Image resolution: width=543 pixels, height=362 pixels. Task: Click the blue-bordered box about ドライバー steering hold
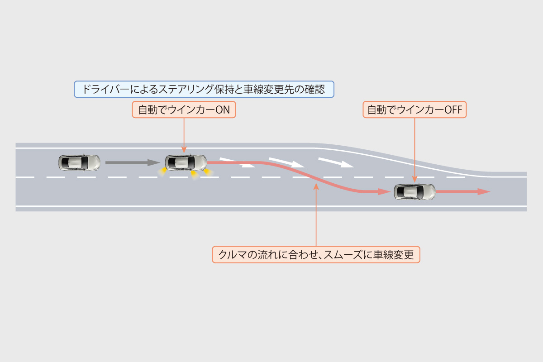(204, 89)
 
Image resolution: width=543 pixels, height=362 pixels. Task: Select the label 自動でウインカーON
(184, 110)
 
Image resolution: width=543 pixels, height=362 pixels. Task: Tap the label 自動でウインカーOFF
(414, 110)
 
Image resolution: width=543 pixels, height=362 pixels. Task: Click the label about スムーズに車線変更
(316, 254)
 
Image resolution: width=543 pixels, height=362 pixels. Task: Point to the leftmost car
(79, 162)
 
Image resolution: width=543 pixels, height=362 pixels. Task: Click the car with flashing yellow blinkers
(186, 162)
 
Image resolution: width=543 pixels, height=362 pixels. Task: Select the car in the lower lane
(414, 192)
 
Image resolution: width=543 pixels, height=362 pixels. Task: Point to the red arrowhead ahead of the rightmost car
(484, 192)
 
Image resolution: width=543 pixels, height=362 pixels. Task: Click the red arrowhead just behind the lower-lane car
(384, 192)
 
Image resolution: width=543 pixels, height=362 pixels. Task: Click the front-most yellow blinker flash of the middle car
(208, 172)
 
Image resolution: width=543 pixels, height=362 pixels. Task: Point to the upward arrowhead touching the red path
(316, 186)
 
